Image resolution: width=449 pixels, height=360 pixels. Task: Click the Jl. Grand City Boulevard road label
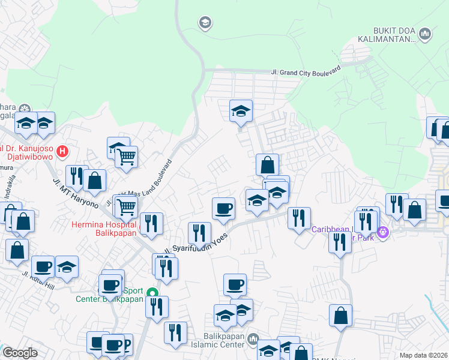click(306, 70)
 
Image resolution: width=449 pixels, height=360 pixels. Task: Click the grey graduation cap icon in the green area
click(205, 23)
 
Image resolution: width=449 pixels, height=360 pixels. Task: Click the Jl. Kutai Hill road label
click(37, 278)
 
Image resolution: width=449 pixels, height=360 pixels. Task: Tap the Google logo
click(20, 353)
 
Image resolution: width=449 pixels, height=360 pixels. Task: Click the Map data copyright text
click(424, 355)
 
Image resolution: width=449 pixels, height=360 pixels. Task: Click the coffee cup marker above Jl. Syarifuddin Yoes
click(223, 209)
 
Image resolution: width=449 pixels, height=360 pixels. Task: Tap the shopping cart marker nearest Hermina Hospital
click(127, 208)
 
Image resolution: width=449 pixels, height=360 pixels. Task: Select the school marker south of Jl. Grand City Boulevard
click(241, 111)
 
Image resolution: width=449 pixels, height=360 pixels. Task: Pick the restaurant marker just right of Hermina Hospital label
click(151, 224)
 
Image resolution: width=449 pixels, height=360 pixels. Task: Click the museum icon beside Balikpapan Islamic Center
click(253, 340)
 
